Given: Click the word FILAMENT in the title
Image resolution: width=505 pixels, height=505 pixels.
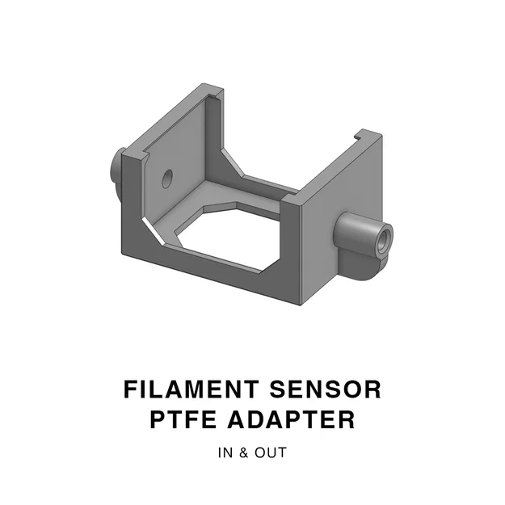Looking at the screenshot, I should click(189, 389).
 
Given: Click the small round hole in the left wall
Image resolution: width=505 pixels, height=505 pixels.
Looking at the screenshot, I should click(167, 179).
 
